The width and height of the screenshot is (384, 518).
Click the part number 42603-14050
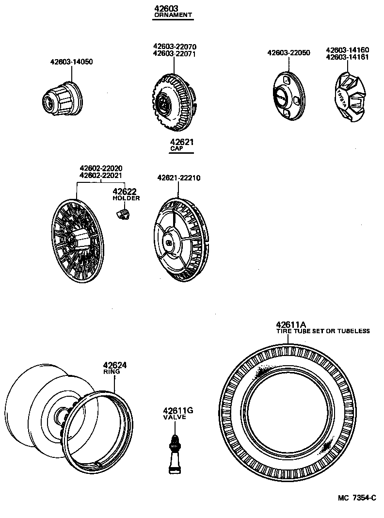coord(71,62)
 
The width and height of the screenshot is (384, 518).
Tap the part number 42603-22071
coord(174,54)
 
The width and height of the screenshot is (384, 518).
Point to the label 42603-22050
coord(289,52)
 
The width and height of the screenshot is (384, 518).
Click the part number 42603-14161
coord(347,56)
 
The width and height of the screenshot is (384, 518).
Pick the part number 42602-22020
coord(101,168)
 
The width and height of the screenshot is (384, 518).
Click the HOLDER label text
coord(126,198)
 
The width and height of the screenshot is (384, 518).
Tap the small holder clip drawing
coord(123,214)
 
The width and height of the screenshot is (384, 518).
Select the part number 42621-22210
coord(178,178)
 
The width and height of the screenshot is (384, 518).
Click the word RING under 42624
coord(109,372)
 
